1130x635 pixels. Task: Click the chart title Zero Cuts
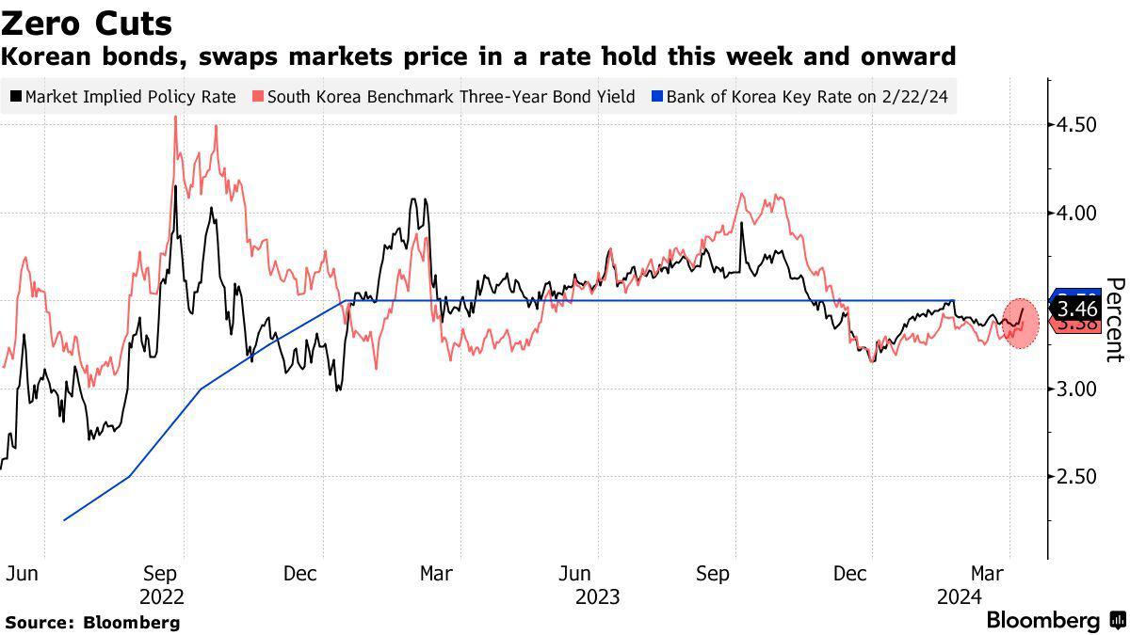(88, 23)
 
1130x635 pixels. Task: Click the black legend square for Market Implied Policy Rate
(17, 96)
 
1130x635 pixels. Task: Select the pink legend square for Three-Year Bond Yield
(259, 96)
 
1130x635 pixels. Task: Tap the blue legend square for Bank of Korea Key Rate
(657, 96)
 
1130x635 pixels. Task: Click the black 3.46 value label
(1077, 308)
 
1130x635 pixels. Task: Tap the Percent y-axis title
(1114, 320)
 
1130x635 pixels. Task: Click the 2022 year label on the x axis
(162, 596)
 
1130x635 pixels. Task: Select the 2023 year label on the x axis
(597, 596)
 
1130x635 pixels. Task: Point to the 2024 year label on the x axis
(959, 596)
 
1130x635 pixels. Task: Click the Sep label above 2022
(162, 573)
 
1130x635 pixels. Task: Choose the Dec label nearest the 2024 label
(851, 573)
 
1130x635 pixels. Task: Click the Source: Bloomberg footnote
(92, 622)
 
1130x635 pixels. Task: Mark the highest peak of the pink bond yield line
(176, 117)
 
